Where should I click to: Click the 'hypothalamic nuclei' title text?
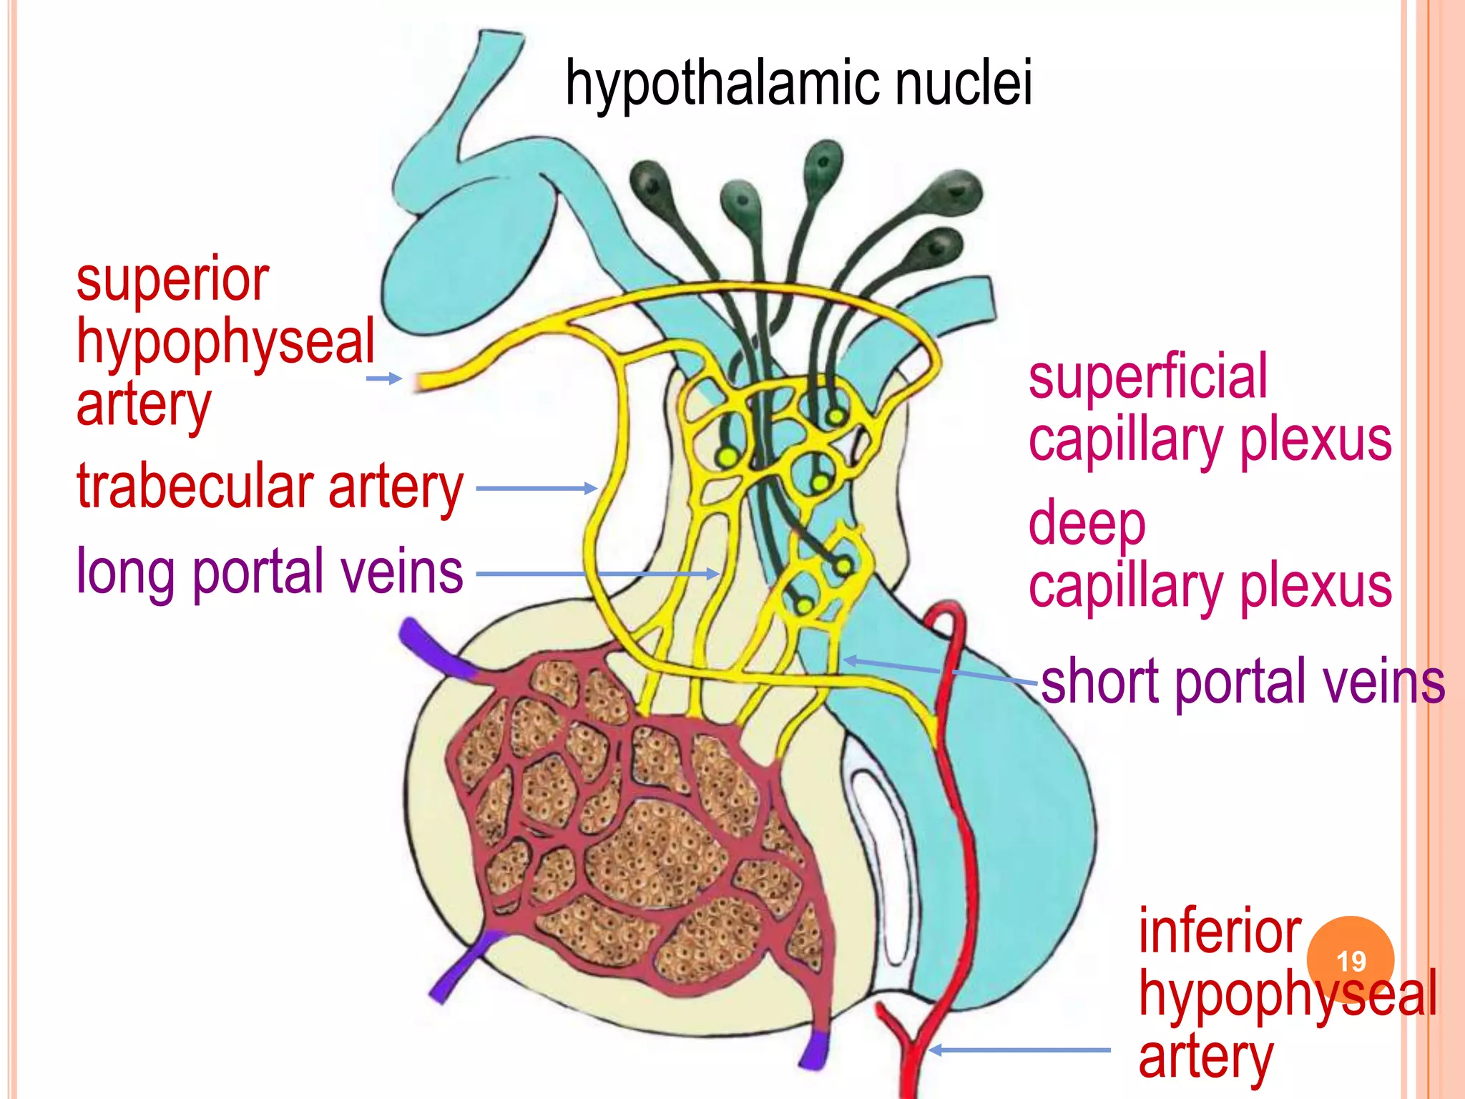tap(798, 84)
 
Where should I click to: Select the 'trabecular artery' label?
tap(270, 488)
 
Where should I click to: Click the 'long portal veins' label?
tap(270, 572)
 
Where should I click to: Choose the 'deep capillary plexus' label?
tap(1209, 555)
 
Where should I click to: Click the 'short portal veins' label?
tap(1243, 682)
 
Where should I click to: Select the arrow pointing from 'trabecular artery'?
tap(536, 489)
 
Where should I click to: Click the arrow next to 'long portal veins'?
tap(597, 574)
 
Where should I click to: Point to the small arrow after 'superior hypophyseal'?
tap(384, 378)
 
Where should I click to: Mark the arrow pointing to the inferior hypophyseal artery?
tap(1019, 1050)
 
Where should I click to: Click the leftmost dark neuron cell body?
tap(650, 182)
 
